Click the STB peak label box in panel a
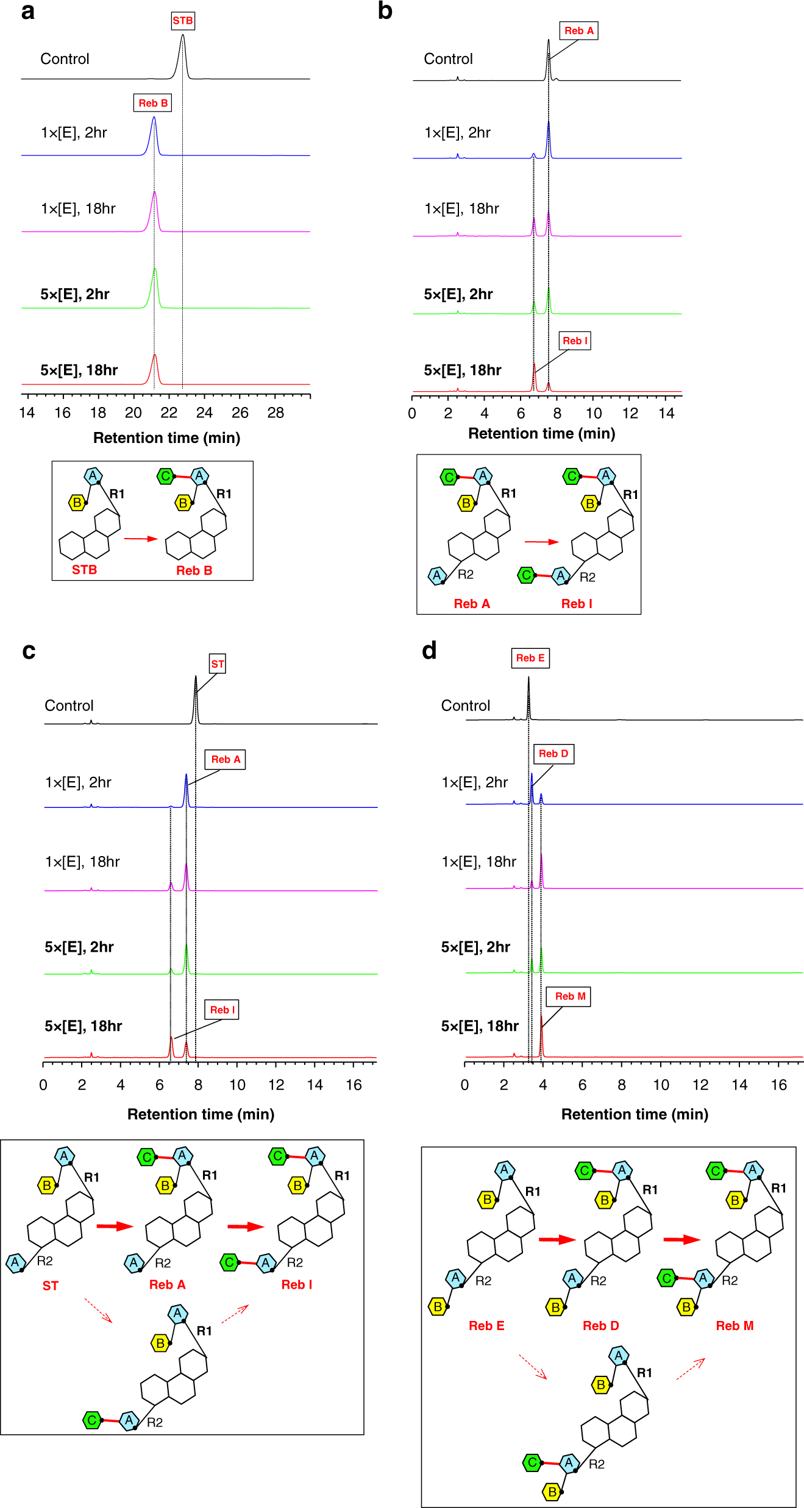[x=182, y=21]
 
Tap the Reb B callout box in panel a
[x=152, y=103]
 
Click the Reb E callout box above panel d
[x=530, y=658]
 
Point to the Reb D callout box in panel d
[x=553, y=754]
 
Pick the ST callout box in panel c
[x=217, y=664]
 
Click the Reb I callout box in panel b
[x=575, y=341]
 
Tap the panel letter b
[x=385, y=10]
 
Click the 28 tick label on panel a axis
[x=276, y=413]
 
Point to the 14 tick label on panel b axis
[x=666, y=414]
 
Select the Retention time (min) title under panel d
[x=635, y=1114]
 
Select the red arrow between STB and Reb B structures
[x=141, y=539]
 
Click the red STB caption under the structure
[x=84, y=570]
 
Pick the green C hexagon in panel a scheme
[x=165, y=476]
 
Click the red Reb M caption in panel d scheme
[x=735, y=1326]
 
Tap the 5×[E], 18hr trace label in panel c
[x=84, y=1026]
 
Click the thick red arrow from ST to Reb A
[x=115, y=1226]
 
